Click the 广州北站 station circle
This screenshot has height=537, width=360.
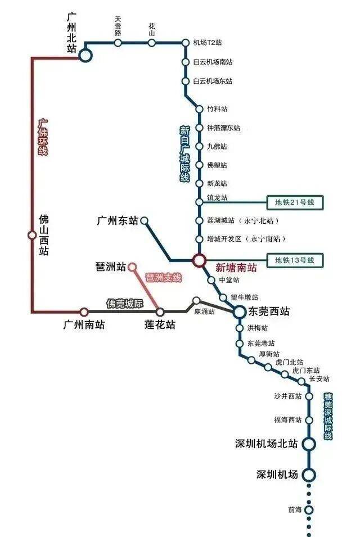point(85,55)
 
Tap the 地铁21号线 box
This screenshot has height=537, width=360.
point(295,202)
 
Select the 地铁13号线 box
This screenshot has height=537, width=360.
point(295,260)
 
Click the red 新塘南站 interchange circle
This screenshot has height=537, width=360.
point(199,260)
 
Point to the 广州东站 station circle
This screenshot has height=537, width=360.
point(145,220)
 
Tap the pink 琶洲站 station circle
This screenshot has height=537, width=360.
point(132,267)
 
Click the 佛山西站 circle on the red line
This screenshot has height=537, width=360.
point(32,235)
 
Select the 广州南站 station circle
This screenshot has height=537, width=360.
point(84,312)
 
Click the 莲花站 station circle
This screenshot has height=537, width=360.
point(160,312)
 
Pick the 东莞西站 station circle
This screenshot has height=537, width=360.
point(240,312)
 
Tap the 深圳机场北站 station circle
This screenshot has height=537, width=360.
point(309,444)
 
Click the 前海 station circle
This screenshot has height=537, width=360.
point(309,510)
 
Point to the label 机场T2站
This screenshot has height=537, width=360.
point(208,43)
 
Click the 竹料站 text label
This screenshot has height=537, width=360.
point(217,109)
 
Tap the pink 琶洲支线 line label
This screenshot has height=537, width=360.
point(163,277)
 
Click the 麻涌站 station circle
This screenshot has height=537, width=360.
point(196,301)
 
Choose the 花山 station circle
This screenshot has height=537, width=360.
point(152,43)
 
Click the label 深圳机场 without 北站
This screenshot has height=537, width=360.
point(277,475)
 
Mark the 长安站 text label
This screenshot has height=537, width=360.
point(319,379)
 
